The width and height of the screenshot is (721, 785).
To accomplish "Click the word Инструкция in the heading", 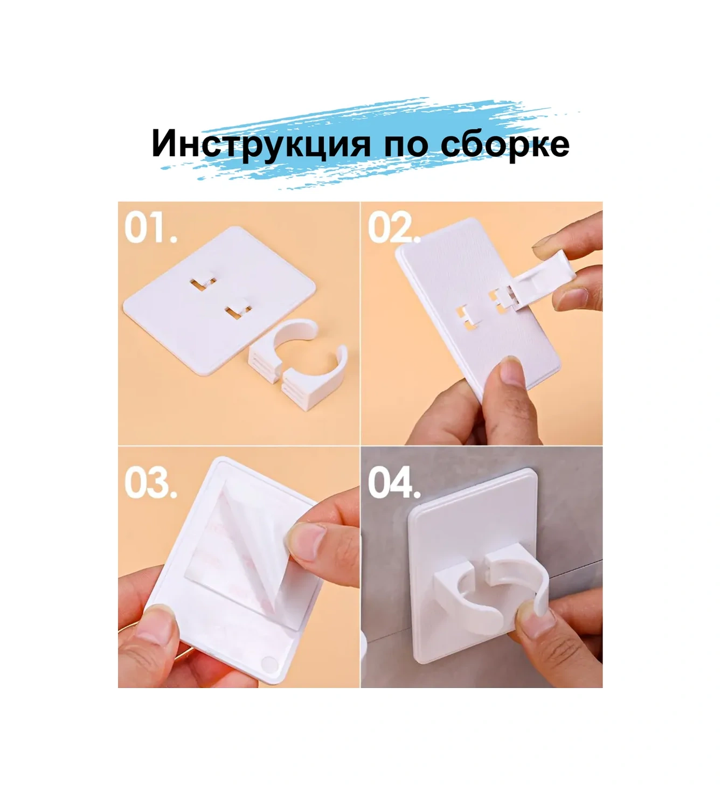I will pyautogui.click(x=261, y=144).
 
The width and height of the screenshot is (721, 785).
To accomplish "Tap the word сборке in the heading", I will pyautogui.click(x=504, y=144).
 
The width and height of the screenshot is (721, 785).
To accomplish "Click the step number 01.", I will pyautogui.click(x=150, y=228).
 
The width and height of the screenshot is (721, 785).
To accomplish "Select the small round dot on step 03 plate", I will pyautogui.click(x=268, y=664).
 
